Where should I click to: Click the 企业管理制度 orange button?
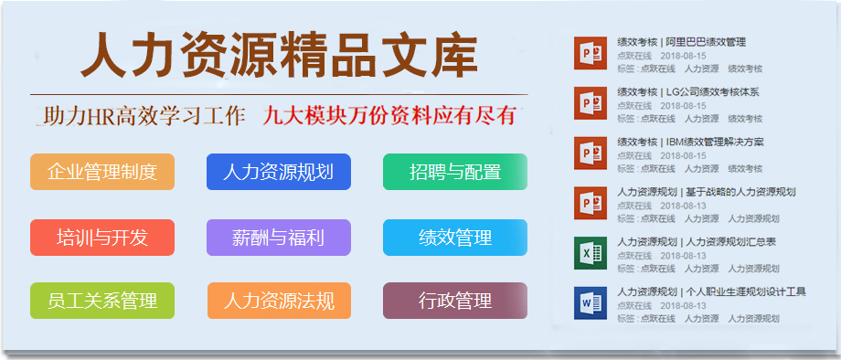click(x=102, y=172)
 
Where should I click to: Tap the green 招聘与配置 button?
click(x=455, y=172)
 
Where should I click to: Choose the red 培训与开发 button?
click(x=102, y=238)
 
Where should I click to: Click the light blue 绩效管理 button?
click(x=455, y=238)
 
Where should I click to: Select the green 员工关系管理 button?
click(x=102, y=301)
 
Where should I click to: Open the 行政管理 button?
click(x=455, y=301)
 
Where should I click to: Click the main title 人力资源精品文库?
click(x=279, y=57)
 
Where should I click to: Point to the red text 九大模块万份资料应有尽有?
click(x=389, y=116)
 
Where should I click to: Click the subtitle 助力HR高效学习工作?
click(x=144, y=116)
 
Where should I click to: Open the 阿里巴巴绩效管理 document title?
click(x=682, y=42)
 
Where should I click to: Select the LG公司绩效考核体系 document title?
click(x=688, y=92)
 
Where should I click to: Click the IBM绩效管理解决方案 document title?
click(x=690, y=142)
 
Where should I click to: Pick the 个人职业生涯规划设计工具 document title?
click(x=711, y=291)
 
